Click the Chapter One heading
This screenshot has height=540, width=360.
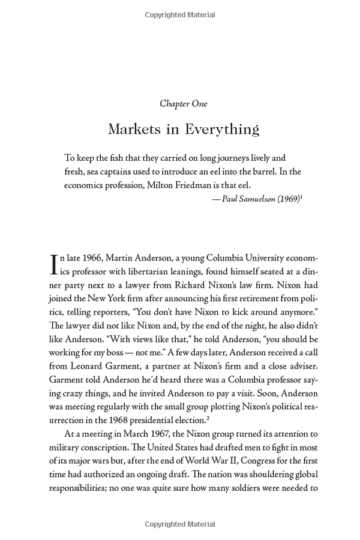[x=184, y=104]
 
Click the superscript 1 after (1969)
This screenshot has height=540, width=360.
[x=301, y=197]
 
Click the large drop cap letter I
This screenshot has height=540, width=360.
[x=53, y=264]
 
